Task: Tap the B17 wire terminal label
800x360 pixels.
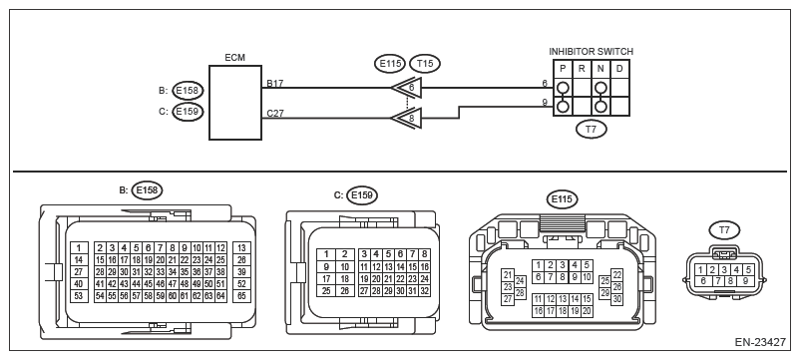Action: pos(275,83)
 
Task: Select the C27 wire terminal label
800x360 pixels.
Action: pos(275,114)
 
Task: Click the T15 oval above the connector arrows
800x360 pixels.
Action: pos(425,63)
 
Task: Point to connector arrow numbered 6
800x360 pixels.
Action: pos(407,88)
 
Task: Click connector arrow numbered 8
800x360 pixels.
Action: pos(407,119)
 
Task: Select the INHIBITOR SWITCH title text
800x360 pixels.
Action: pos(591,52)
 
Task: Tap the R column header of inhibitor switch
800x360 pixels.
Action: pos(582,69)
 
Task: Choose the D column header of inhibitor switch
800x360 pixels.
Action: pos(619,69)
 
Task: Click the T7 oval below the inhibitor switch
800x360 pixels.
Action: pos(591,129)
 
